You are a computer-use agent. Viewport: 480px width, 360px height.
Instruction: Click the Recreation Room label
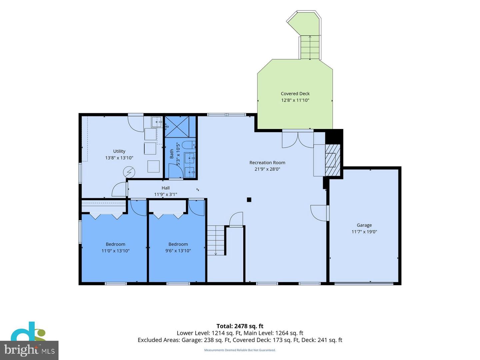[267, 163]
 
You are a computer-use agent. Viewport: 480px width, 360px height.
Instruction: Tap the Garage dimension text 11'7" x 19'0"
[364, 232]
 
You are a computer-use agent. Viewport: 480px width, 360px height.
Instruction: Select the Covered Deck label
[295, 94]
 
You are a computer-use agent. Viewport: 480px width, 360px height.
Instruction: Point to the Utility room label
[119, 151]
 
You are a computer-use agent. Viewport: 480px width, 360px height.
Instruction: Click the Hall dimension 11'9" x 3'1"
[166, 194]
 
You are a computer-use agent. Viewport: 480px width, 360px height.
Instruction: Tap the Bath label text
[172, 154]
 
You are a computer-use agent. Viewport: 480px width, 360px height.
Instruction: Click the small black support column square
[249, 200]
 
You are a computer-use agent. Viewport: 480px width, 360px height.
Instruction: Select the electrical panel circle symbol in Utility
[129, 172]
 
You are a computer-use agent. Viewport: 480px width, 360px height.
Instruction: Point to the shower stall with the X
[177, 127]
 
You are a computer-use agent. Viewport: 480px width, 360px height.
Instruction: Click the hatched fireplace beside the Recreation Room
[333, 160]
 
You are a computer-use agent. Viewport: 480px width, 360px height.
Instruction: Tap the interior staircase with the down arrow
[216, 240]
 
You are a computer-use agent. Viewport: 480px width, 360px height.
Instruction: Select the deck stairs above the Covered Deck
[310, 47]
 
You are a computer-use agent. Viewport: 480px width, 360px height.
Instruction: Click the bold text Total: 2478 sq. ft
[240, 326]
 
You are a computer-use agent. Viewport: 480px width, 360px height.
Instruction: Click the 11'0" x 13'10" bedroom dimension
[115, 251]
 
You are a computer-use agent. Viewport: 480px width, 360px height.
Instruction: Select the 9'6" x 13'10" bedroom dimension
[178, 251]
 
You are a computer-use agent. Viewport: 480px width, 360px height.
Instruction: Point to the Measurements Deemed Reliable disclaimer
[240, 350]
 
